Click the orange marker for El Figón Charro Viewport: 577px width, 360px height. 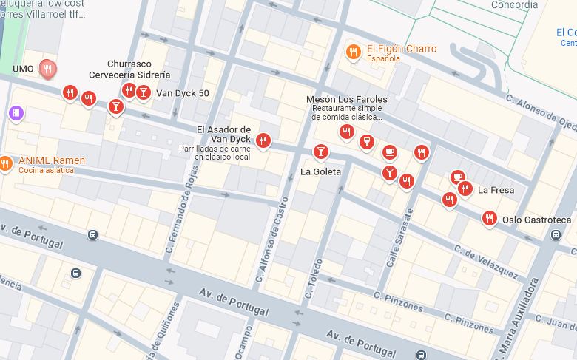(354, 52)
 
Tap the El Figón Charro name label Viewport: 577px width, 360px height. (401, 49)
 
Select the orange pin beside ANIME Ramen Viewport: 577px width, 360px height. (5, 163)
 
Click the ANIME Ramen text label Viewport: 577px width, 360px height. (52, 160)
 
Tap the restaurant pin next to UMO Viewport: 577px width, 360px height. (48, 69)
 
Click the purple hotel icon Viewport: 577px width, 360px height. (16, 112)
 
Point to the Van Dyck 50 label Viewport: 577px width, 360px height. (182, 93)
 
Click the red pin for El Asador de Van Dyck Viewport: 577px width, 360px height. (263, 140)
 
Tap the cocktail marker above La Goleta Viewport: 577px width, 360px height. (320, 152)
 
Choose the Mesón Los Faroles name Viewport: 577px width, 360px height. (346, 100)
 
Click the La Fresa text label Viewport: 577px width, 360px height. (496, 190)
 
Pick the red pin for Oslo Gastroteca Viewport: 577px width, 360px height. (488, 217)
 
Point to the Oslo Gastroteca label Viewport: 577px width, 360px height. (536, 220)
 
